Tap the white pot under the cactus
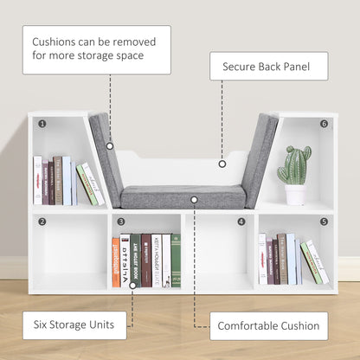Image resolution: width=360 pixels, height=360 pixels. tap(295, 195)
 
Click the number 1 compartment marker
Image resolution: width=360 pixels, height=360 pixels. tap(41, 123)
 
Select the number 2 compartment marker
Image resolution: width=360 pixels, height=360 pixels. tap(41, 222)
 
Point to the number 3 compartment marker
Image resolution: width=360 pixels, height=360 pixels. tap(121, 222)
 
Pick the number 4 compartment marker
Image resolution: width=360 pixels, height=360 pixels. tap(241, 222)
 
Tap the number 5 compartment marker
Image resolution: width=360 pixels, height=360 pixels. tap(324, 222)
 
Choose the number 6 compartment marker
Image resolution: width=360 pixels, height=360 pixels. tap(324, 123)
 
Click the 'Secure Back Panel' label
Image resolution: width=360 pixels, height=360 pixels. tap(268, 66)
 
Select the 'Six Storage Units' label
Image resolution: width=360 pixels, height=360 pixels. tap(74, 325)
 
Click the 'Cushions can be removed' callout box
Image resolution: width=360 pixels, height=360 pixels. tap(96, 49)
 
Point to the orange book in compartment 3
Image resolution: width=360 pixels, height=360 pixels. tap(116, 262)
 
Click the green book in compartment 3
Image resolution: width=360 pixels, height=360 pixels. tap(176, 260)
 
